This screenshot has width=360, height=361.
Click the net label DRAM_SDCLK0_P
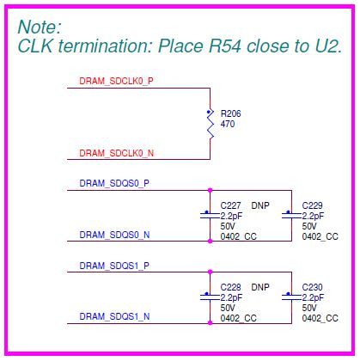[116, 80]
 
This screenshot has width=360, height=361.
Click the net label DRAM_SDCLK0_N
[116, 153]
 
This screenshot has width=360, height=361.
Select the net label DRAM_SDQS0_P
[114, 183]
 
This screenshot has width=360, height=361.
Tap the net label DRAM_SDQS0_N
[114, 234]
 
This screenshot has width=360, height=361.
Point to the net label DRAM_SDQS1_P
[114, 266]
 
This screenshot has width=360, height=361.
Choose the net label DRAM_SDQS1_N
[114, 316]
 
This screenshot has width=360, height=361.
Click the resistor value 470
[228, 124]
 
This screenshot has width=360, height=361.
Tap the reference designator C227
[231, 205]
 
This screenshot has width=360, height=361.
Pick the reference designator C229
[313, 205]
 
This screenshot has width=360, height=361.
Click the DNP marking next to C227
[260, 205]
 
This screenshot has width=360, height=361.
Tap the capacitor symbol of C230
[291, 296]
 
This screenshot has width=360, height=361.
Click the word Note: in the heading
[40, 26]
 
